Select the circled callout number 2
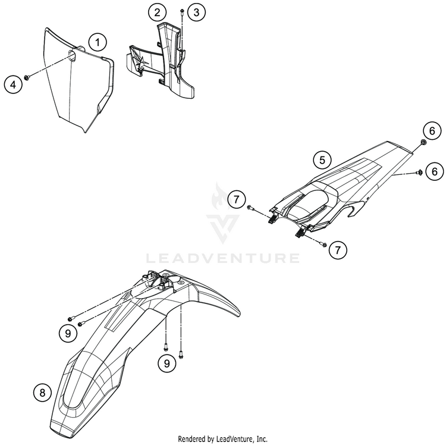tap(157, 11)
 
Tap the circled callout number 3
tap(197, 11)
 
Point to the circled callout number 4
tap(12, 84)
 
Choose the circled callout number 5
tap(322, 159)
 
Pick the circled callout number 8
tap(41, 392)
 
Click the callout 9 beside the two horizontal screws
tap(68, 334)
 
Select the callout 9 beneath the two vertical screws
tap(168, 361)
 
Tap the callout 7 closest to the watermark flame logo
tap(237, 199)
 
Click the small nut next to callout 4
tap(28, 77)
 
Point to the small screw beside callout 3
tap(181, 12)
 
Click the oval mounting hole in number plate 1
tap(73, 58)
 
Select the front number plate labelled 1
tap(80, 89)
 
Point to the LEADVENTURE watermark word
tap(223, 258)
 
